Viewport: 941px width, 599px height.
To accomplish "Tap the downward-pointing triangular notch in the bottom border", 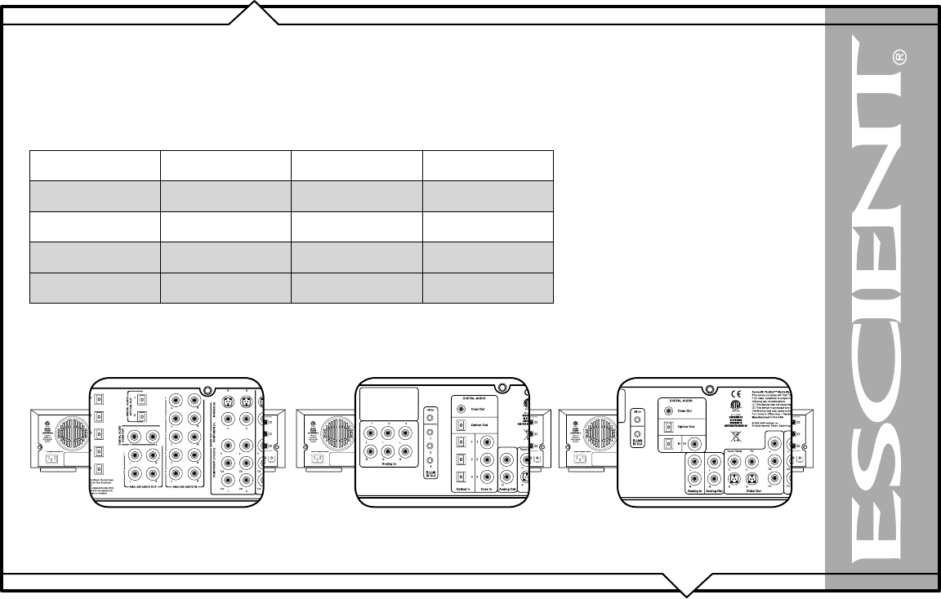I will [686, 583].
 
